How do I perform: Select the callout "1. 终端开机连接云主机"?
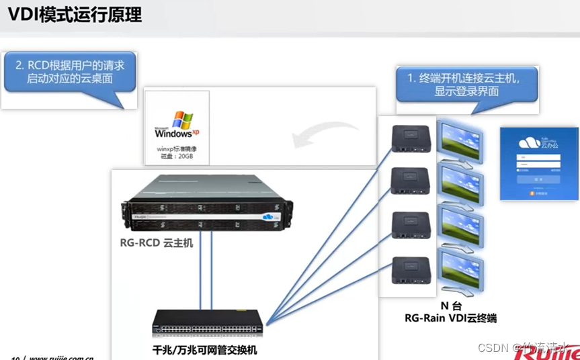pos(468,84)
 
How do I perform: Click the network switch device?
pos(208,324)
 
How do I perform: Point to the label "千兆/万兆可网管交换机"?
pos(204,350)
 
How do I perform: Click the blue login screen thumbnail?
pos(538,163)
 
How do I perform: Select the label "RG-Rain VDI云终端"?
pos(449,318)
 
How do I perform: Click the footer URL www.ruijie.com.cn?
pos(61,357)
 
